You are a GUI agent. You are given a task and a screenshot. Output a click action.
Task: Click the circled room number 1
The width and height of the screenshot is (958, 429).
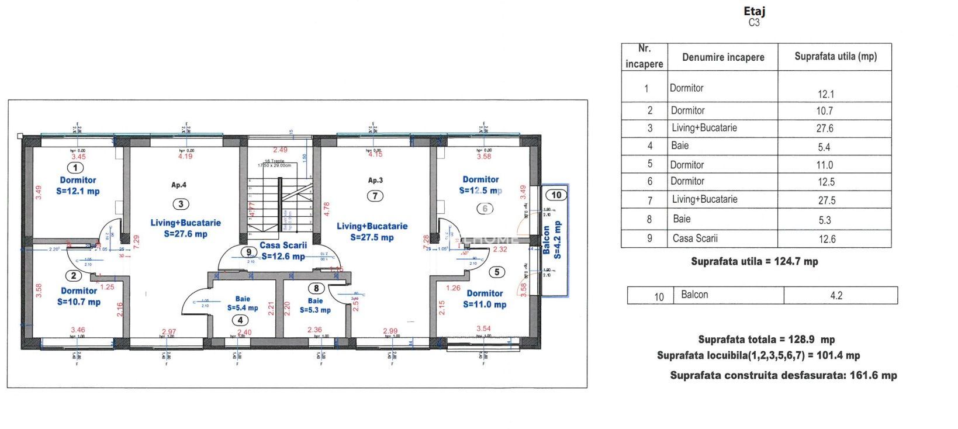[x=78, y=168]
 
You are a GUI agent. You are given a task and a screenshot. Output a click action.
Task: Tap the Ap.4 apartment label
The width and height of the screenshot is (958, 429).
[x=179, y=185]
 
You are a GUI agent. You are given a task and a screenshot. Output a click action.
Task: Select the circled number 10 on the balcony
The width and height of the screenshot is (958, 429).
[x=556, y=195]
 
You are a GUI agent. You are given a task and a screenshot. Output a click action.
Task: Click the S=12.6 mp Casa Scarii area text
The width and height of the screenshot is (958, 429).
[x=283, y=256]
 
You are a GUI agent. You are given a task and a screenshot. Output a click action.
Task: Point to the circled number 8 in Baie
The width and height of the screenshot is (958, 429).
[x=316, y=288]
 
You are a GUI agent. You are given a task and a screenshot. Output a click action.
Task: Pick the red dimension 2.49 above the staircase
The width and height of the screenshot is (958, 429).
[x=281, y=151]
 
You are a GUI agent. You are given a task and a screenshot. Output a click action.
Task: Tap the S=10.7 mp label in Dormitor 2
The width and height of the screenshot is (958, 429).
[x=79, y=302]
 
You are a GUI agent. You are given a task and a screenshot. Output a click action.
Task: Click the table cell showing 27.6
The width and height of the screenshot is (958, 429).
[x=825, y=129]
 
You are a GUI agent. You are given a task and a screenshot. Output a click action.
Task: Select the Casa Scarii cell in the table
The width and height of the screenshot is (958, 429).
[x=695, y=238]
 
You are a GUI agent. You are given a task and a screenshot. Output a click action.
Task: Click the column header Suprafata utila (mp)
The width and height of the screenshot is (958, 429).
[x=835, y=57]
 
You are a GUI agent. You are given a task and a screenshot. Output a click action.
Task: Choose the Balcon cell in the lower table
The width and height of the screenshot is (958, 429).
[x=694, y=295]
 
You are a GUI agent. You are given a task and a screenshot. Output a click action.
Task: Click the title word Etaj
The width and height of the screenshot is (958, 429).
[x=754, y=11]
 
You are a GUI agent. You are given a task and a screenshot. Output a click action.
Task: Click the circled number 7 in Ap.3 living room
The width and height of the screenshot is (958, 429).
[x=375, y=196]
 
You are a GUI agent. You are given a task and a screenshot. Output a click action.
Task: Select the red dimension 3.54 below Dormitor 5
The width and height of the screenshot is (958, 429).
[x=483, y=329]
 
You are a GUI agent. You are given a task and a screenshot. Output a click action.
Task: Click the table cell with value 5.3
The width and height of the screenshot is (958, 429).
[x=825, y=220]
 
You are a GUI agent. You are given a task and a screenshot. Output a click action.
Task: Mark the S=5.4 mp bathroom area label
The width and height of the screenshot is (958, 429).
[x=243, y=308]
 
